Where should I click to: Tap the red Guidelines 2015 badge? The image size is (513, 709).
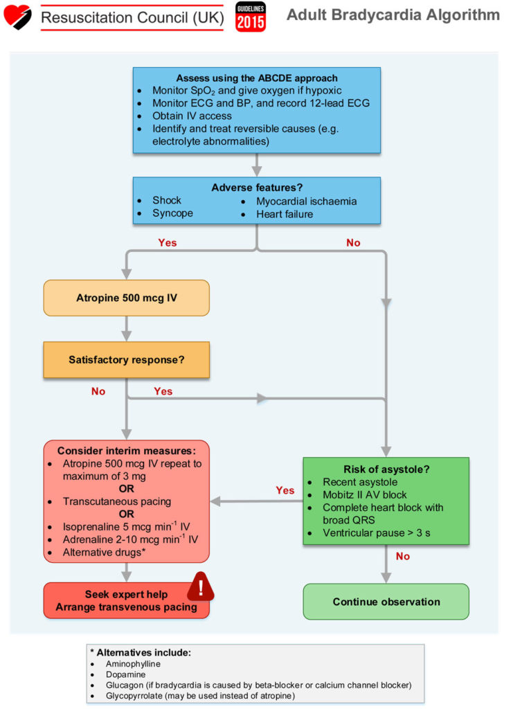click(250, 17)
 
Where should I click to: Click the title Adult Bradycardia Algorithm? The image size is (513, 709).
click(393, 15)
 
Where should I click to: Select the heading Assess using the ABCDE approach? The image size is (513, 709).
click(257, 78)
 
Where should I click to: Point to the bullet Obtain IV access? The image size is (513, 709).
click(192, 116)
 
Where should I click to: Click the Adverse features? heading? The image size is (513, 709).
click(257, 187)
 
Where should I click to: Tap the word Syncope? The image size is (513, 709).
click(172, 214)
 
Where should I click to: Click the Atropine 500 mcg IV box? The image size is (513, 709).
click(126, 298)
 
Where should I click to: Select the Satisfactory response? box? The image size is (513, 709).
click(126, 359)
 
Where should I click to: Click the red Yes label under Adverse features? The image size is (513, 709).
click(167, 243)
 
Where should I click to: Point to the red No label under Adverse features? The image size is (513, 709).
click(353, 243)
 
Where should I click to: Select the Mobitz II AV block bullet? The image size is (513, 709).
click(365, 494)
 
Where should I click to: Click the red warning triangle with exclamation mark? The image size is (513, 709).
click(201, 589)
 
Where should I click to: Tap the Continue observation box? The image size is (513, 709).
click(386, 602)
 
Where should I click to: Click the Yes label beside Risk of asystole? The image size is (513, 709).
click(285, 490)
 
